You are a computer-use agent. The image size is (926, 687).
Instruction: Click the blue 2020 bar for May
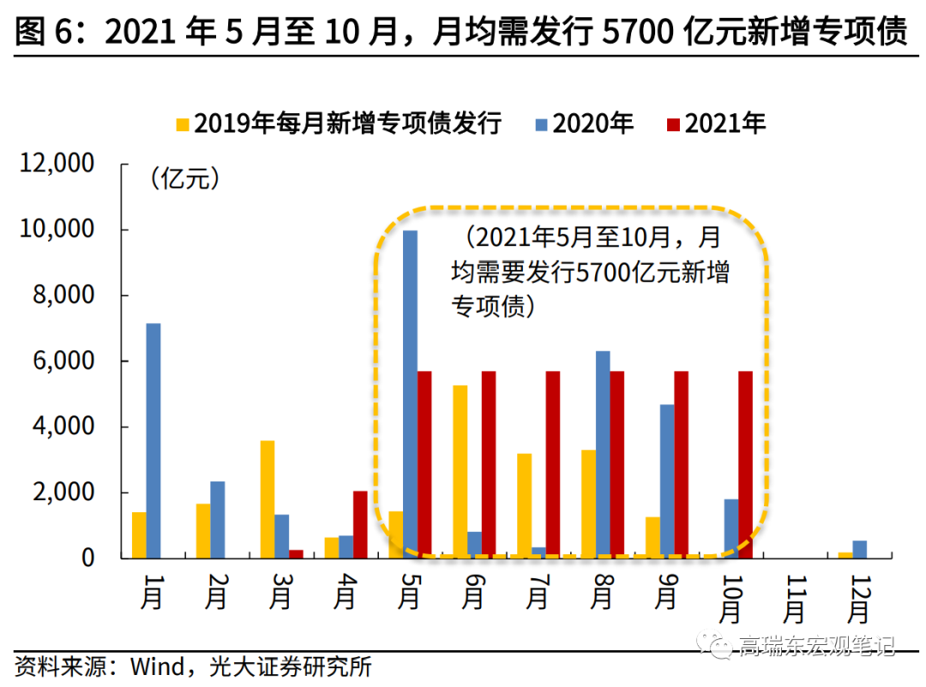click(411, 394)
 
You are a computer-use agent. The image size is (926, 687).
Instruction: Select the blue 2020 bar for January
click(153, 440)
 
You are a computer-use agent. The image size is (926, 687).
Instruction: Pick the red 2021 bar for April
click(360, 524)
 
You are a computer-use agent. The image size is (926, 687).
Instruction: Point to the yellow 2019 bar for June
click(460, 471)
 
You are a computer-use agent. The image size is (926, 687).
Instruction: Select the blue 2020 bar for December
click(859, 549)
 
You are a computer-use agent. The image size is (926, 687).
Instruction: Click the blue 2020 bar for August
click(603, 454)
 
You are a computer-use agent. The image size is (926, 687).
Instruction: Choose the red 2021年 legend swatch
click(673, 124)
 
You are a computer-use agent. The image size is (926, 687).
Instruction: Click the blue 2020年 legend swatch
click(541, 124)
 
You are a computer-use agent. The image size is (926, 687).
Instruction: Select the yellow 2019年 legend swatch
click(182, 124)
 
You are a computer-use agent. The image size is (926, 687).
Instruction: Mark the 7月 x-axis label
click(538, 591)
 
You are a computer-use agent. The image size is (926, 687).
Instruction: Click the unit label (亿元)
click(184, 179)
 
